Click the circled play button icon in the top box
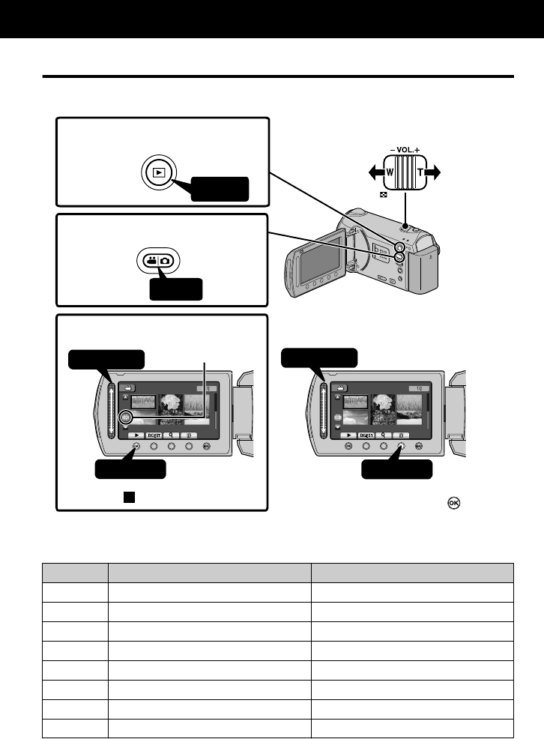point(157,171)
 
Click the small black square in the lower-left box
point(130,497)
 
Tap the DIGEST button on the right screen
point(366,434)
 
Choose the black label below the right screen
point(397,470)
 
